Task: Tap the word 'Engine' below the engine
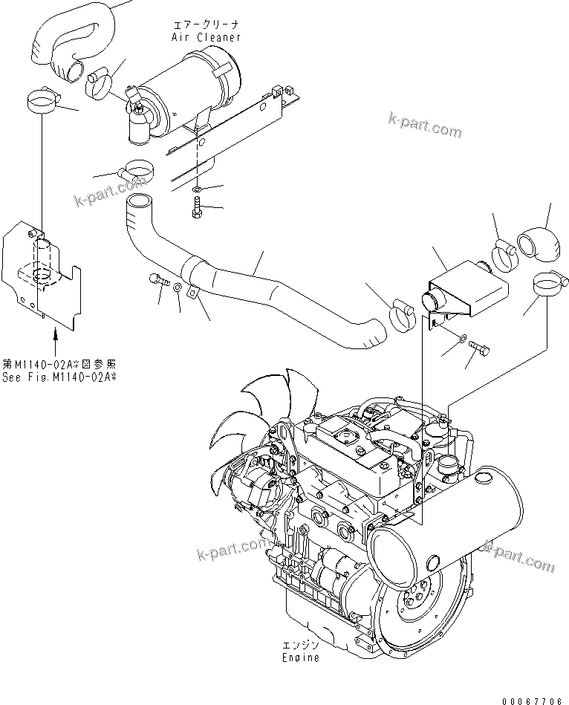(x=301, y=657)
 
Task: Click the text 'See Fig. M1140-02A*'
(x=59, y=377)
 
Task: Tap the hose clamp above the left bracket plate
(x=43, y=101)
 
